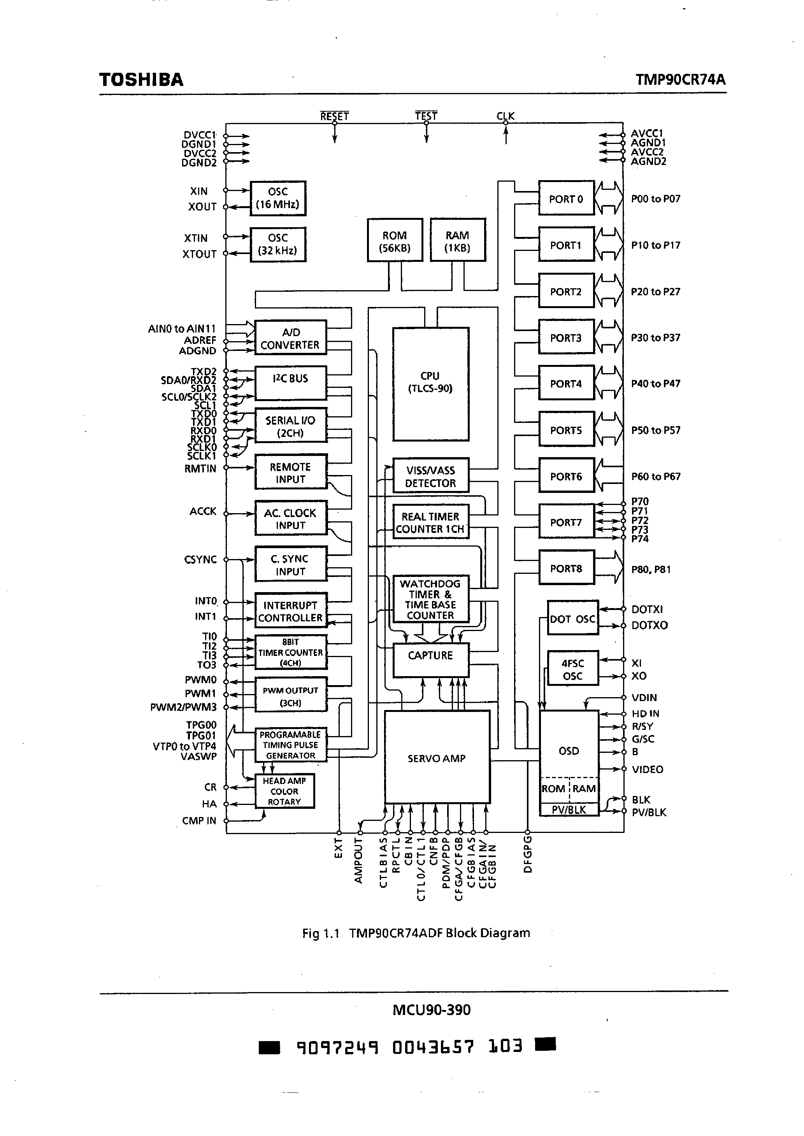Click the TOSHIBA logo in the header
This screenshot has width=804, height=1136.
click(x=141, y=80)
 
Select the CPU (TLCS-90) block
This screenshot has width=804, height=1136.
click(x=430, y=384)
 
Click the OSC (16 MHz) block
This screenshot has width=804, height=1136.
click(x=278, y=198)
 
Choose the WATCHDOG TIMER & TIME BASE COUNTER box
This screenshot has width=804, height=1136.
click(x=430, y=599)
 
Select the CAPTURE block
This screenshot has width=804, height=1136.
click(x=430, y=659)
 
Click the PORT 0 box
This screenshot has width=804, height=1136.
click(x=566, y=198)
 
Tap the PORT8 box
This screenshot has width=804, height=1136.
click(x=566, y=568)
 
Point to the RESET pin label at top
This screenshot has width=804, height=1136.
click(x=335, y=116)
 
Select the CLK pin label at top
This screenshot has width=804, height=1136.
click(x=506, y=116)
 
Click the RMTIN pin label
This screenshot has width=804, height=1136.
click(x=200, y=468)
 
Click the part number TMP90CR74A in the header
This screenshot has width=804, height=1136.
click(x=680, y=80)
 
